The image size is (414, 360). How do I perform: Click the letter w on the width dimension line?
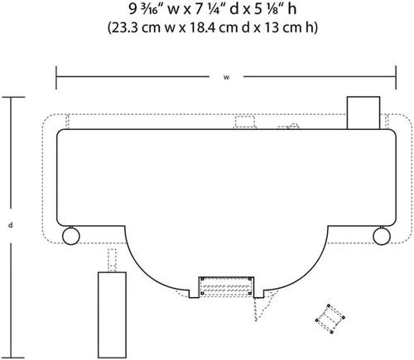pos(226,78)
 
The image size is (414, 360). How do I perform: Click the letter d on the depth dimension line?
pos(11,225)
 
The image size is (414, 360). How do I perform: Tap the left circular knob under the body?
pos(71,236)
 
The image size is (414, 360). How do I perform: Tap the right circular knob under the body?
pos(382,236)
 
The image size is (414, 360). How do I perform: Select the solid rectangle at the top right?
pos(363,113)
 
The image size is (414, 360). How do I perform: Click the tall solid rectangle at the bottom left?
pos(112,314)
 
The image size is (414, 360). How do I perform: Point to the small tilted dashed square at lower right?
pos(330,319)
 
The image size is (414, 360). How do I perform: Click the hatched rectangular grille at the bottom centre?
pos(226,286)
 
